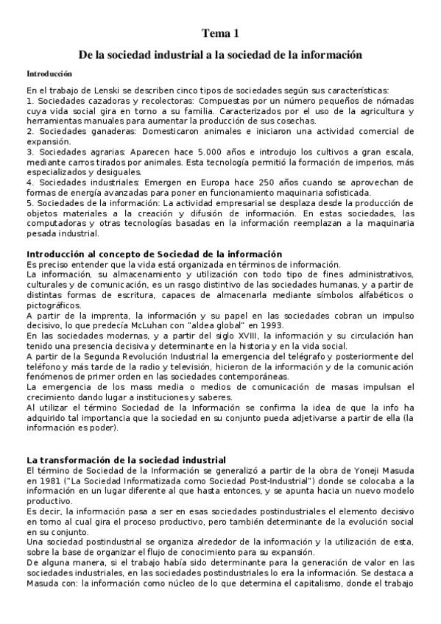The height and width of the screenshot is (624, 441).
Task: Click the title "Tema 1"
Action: (221, 33)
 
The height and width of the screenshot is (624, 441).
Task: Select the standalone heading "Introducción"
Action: (49, 74)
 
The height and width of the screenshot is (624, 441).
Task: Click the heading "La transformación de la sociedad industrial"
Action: (125, 460)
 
